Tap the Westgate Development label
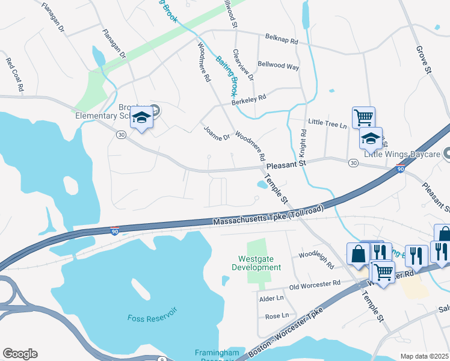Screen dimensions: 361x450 coord(256,263)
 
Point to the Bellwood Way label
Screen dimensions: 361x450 coord(278,67)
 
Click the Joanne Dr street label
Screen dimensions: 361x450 coord(217,133)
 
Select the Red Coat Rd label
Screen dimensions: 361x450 coord(14,74)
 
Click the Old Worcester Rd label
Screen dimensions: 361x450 coord(315,283)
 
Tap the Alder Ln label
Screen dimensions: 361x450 coord(271,298)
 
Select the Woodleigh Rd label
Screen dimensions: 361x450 coord(316,256)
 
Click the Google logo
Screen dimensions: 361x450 coord(20,354)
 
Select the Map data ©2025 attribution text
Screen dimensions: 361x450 coord(424,356)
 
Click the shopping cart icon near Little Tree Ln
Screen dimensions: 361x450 coord(363,116)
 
